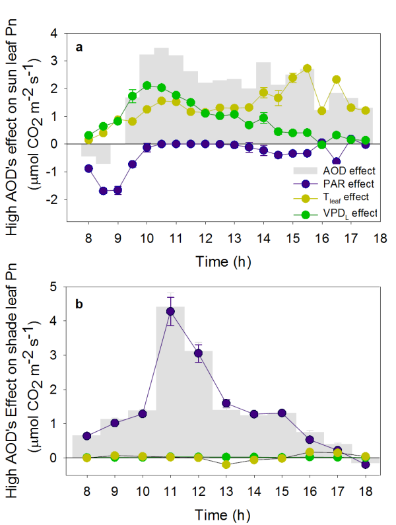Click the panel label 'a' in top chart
tap(79, 47)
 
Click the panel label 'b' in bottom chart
tap(79, 304)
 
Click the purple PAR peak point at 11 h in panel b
tap(170, 311)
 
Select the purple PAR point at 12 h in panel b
tap(199, 353)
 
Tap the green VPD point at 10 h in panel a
tap(147, 85)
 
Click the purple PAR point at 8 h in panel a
tap(88, 168)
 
